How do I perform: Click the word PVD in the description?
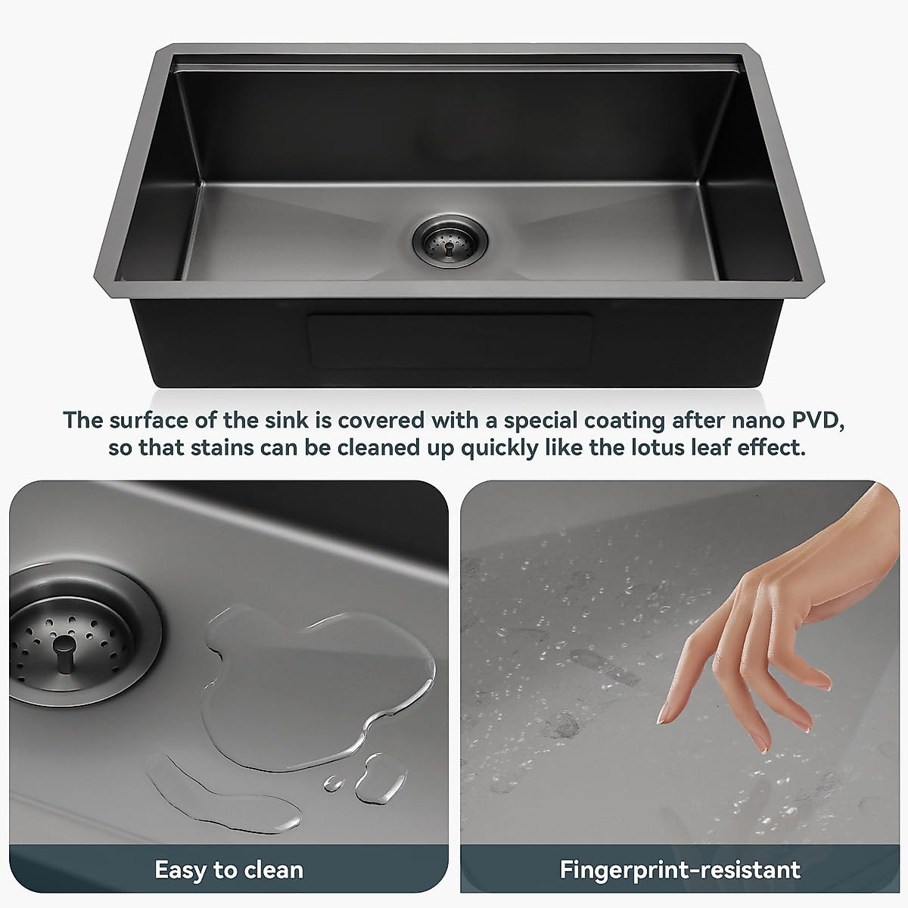click(x=816, y=420)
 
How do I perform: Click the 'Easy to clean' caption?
click(x=229, y=870)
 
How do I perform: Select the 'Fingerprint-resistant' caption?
click(x=680, y=870)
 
